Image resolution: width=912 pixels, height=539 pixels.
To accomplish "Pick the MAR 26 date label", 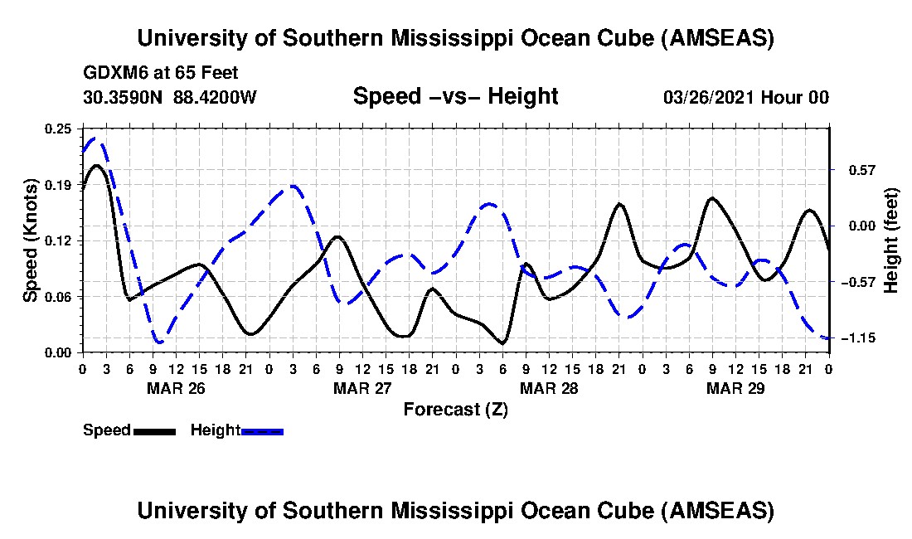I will (x=175, y=387).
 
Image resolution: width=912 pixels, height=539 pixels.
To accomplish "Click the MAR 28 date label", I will (x=548, y=387).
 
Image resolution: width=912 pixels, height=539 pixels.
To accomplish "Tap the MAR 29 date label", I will (x=735, y=387).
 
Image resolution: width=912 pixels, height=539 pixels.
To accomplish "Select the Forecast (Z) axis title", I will (x=456, y=409).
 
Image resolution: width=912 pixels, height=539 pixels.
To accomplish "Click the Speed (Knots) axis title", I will (x=31, y=240).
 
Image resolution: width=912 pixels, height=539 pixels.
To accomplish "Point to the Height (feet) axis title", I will (x=891, y=240).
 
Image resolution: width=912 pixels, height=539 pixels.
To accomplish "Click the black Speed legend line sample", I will (x=153, y=430).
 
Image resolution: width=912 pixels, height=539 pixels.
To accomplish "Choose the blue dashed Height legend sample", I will (x=262, y=430).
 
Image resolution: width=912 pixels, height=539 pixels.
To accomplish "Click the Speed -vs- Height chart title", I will (x=456, y=96).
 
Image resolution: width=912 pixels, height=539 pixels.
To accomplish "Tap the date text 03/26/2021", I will (x=707, y=97).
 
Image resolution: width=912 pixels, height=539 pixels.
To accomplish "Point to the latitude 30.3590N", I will (x=124, y=97).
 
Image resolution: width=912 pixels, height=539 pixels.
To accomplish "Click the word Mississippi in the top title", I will (x=460, y=38).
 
